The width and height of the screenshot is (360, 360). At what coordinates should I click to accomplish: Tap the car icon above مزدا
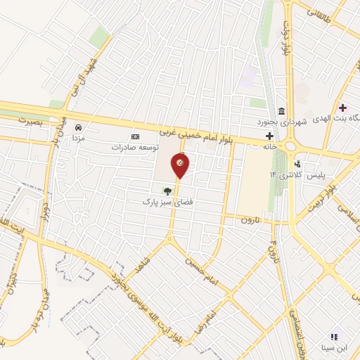pyautogui.click(x=78, y=127)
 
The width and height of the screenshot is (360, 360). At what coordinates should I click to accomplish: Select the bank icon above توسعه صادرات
pyautogui.click(x=136, y=136)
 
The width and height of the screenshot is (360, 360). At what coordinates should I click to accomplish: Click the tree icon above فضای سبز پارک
pyautogui.click(x=167, y=190)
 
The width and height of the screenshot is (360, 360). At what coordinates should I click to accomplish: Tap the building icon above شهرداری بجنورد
pyautogui.click(x=281, y=110)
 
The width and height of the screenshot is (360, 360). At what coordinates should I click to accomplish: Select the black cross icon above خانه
pyautogui.click(x=269, y=135)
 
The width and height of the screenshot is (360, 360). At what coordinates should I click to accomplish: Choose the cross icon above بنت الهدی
pyautogui.click(x=342, y=108)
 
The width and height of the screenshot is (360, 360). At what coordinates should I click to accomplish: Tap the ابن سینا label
pyautogui.click(x=335, y=347)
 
